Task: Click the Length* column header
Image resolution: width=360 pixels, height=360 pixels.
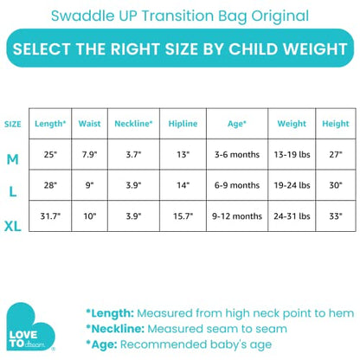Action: click(49, 124)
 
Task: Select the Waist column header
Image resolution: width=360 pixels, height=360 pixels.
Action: click(89, 124)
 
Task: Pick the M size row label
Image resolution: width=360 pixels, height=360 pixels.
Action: click(13, 161)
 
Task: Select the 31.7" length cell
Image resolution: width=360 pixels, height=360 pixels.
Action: click(49, 215)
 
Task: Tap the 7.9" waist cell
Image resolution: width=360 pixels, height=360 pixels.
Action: click(89, 155)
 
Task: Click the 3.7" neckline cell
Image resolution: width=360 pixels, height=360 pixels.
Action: click(133, 155)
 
